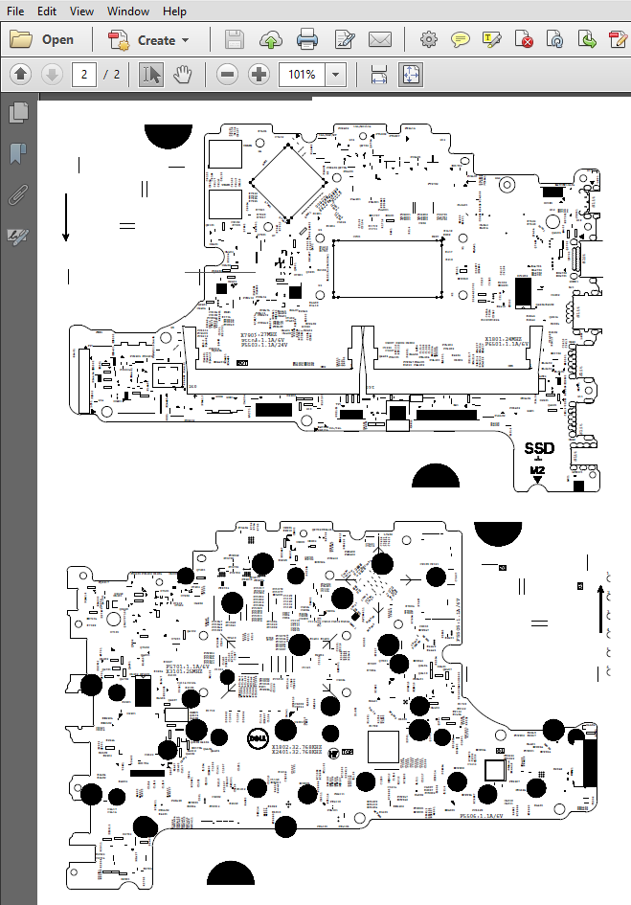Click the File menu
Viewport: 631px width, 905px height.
click(x=15, y=11)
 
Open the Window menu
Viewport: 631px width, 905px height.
click(x=127, y=11)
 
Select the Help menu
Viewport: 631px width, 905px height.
click(x=174, y=11)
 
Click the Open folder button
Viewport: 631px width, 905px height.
click(x=42, y=40)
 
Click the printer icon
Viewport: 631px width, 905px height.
click(x=307, y=40)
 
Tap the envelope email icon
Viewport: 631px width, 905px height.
click(x=380, y=40)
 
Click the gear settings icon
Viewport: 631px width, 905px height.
click(x=429, y=40)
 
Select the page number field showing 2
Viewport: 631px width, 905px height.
click(x=83, y=75)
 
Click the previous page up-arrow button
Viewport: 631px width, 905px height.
click(x=21, y=75)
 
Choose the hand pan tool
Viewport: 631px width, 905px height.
click(x=182, y=75)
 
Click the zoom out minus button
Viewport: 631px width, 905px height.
click(x=227, y=75)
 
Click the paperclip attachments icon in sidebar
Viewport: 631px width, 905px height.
click(x=17, y=195)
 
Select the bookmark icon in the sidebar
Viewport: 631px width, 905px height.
click(x=17, y=154)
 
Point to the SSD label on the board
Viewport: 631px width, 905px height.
click(x=540, y=448)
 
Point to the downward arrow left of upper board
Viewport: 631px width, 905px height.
click(x=65, y=215)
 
